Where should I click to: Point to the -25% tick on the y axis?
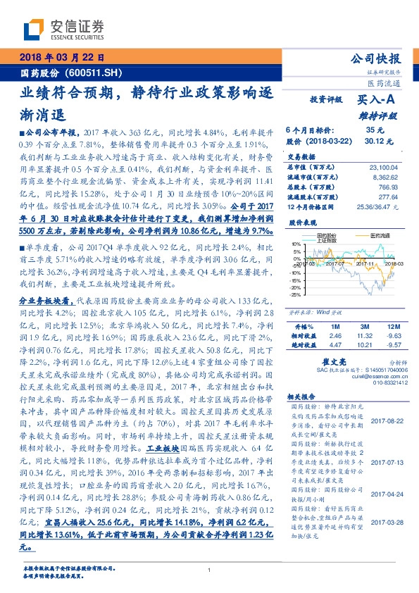pos(296,294)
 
